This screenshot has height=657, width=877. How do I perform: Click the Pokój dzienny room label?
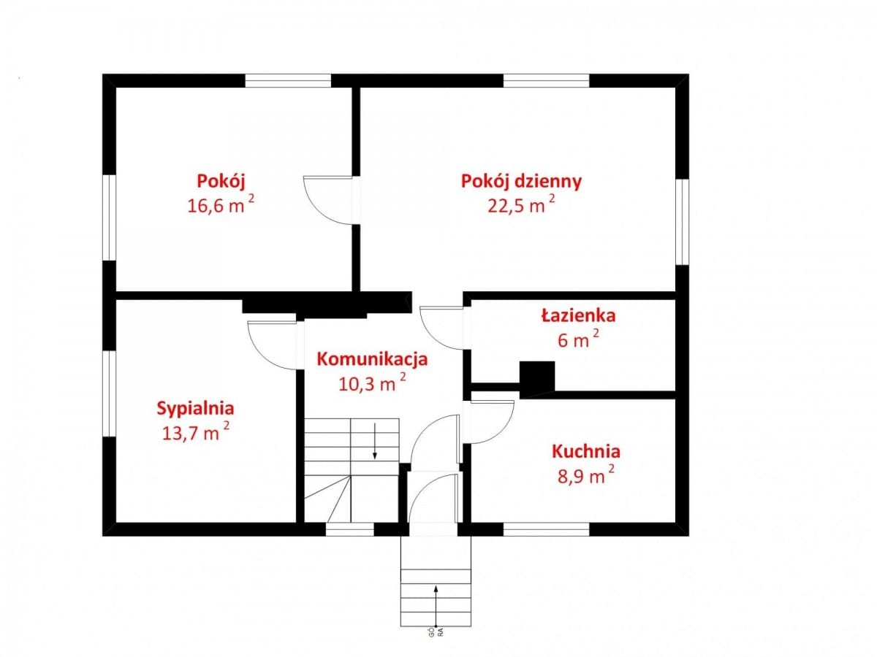(521, 181)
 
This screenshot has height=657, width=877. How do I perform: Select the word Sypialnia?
(195, 408)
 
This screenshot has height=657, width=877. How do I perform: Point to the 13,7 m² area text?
(195, 432)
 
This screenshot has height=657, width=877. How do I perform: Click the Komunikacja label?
(371, 358)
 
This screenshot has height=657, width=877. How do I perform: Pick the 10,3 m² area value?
(372, 383)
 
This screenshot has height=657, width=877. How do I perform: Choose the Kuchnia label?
(585, 450)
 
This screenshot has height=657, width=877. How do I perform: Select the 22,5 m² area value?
(521, 205)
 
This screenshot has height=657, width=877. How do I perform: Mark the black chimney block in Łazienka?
(537, 377)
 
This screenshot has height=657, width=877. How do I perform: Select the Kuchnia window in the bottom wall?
(546, 529)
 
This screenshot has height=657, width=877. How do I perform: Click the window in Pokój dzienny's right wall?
(681, 221)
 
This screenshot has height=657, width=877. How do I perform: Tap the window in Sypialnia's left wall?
(109, 394)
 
